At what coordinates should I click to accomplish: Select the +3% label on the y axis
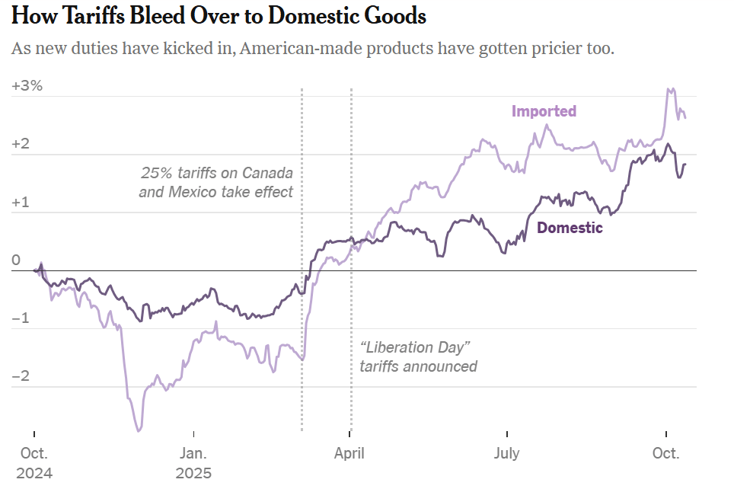27,86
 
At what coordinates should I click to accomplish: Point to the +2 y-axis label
22,145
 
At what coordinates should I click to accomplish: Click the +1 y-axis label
22,203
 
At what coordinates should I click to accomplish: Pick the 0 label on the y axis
16,260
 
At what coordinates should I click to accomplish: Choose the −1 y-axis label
22,318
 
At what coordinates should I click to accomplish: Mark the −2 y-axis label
22,377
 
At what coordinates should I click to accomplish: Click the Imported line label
544,111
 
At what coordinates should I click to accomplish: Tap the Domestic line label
570,228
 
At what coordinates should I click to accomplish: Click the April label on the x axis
349,453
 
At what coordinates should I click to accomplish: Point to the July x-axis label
506,453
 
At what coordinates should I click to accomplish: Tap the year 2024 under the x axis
35,473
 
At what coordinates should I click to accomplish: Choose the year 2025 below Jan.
193,473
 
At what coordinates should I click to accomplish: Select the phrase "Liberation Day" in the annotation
415,347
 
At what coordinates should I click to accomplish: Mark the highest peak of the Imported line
670,89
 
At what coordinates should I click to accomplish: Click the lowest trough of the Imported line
139,431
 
